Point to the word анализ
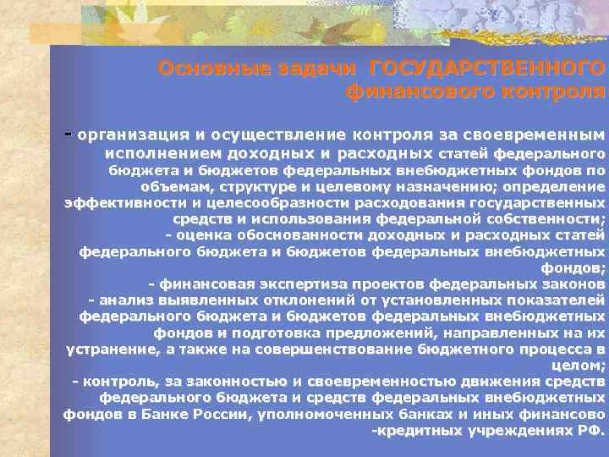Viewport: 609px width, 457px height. click(125, 300)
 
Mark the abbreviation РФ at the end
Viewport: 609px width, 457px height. click(589, 429)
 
